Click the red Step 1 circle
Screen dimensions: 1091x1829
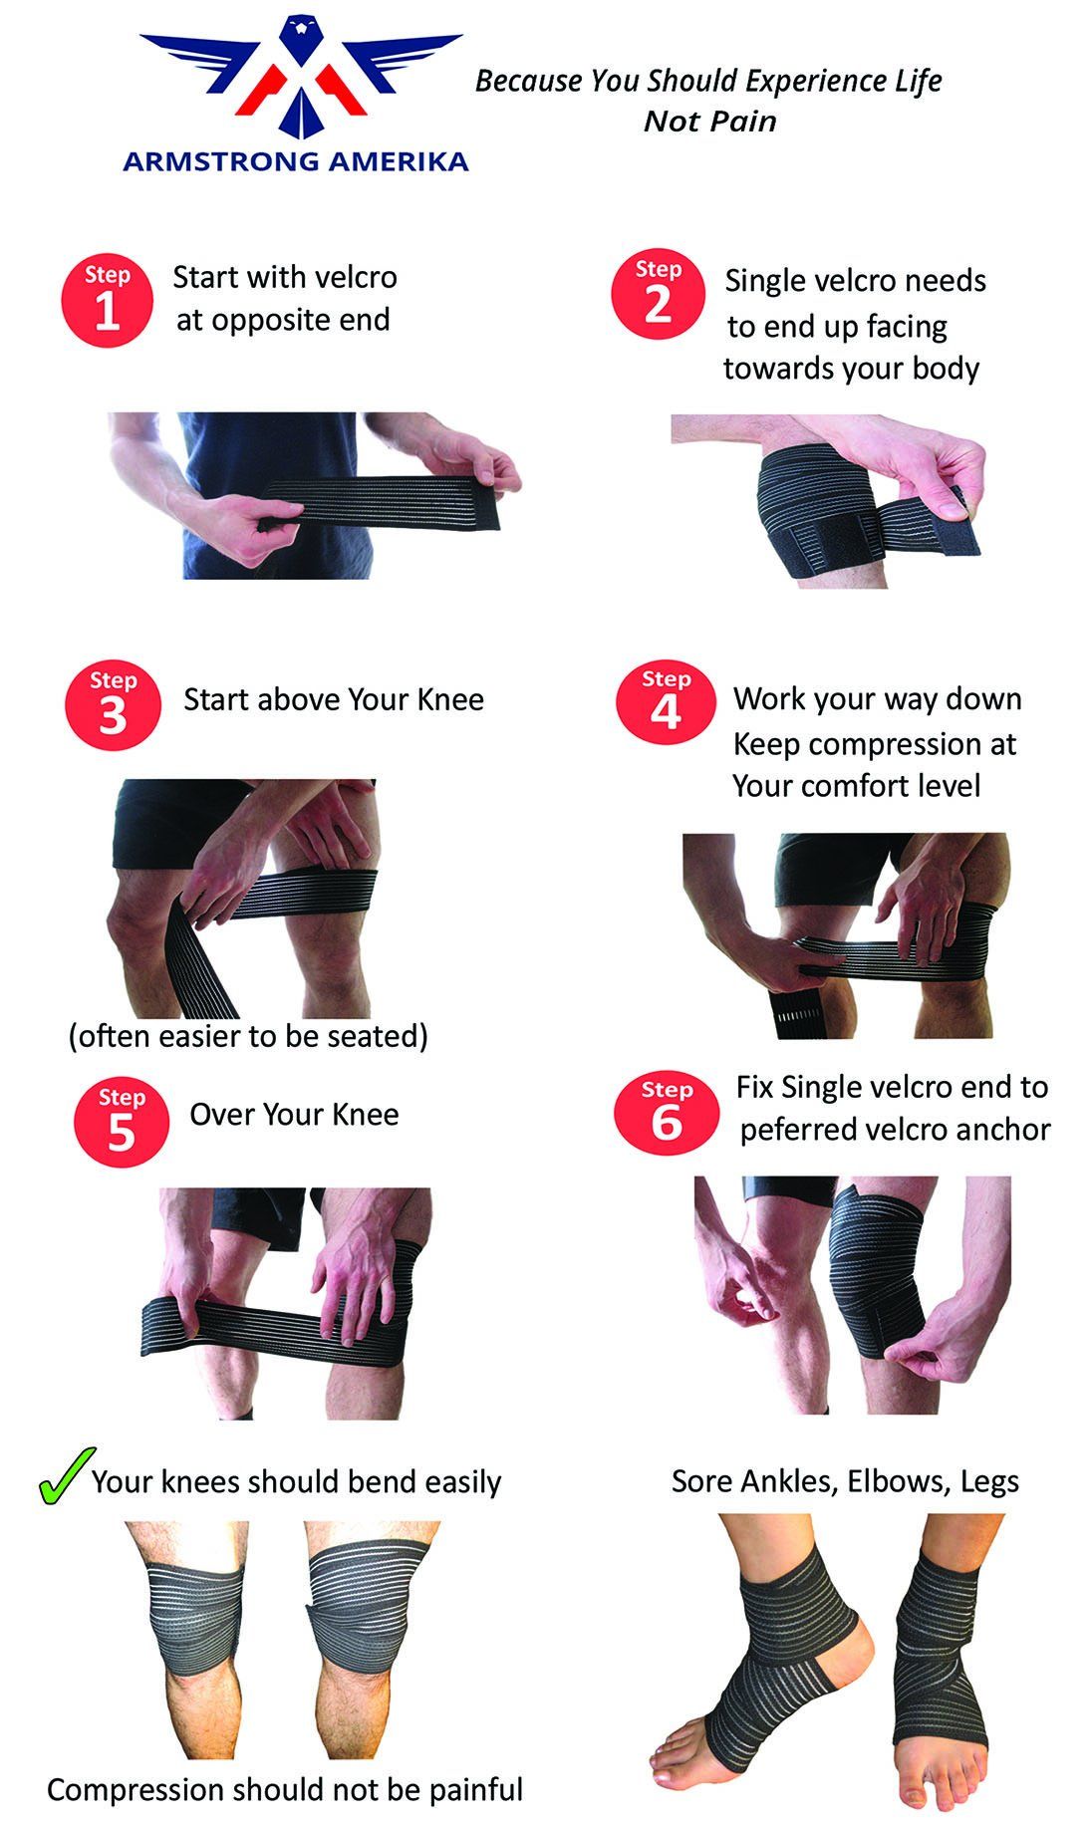coord(108,301)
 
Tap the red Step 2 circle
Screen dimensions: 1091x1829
coord(658,295)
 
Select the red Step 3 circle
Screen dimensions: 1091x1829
coord(113,704)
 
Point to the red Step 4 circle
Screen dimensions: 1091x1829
coord(666,704)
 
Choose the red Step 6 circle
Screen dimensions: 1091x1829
coord(667,1113)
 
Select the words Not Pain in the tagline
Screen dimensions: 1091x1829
coord(709,122)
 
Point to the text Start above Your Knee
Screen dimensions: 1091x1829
coord(334,699)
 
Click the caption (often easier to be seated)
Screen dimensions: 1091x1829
coord(248,1036)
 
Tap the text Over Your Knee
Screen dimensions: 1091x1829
coord(295,1114)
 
